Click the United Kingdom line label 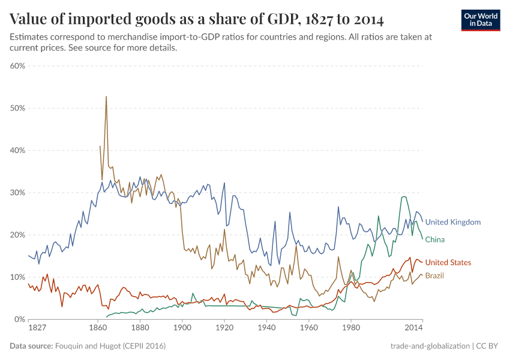pos(453,222)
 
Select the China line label pos(435,239)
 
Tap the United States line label pos(448,262)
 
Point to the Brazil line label pos(434,275)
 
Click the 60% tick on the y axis pos(17,66)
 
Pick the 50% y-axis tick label pos(17,108)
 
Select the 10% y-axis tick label pos(17,277)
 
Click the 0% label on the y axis pos(20,319)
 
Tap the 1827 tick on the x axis pos(37,328)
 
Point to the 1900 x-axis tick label pos(182,328)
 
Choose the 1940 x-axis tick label pos(266,328)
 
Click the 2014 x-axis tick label pos(414,328)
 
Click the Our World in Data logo pos(481,20)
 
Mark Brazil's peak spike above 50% pos(106,97)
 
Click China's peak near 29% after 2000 pos(404,196)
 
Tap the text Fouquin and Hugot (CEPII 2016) pos(110,346)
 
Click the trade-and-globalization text pos(430,346)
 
